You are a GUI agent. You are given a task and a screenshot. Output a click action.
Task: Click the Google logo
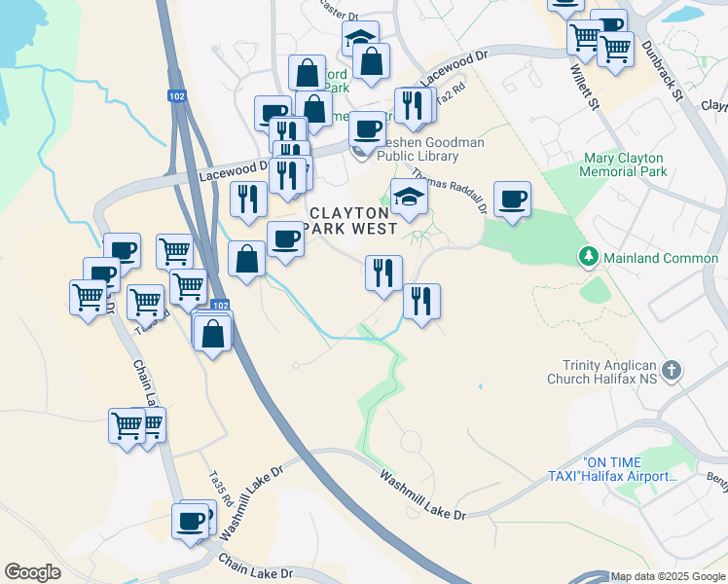tap(32, 572)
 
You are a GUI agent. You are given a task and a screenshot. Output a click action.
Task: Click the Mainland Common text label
tap(661, 258)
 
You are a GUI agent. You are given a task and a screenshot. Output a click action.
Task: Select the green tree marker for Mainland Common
tap(588, 257)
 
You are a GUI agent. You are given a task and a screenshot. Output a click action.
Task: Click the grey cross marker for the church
tap(672, 370)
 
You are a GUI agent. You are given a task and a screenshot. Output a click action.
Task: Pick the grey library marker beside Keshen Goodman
tap(360, 151)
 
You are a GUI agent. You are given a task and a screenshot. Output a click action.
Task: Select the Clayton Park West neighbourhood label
tap(352, 220)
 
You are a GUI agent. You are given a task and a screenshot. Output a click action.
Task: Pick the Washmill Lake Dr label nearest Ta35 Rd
tap(252, 502)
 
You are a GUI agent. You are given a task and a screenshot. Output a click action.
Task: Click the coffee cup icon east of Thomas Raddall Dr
tap(512, 200)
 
